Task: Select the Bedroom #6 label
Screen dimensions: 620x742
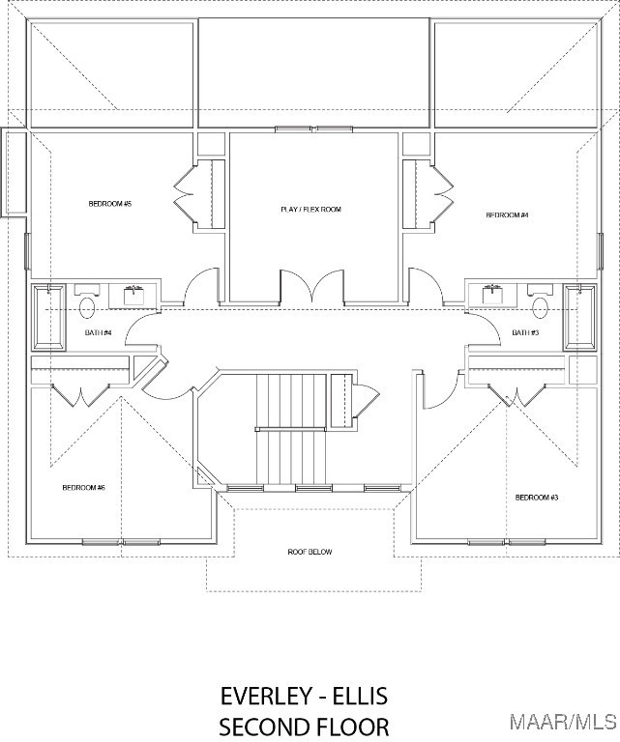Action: tap(83, 487)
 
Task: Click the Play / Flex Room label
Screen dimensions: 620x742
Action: tap(310, 209)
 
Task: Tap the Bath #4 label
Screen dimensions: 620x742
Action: tap(98, 332)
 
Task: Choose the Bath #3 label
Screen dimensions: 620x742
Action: tap(525, 332)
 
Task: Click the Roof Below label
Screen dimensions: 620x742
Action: tap(310, 552)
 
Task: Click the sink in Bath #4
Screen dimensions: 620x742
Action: tap(133, 296)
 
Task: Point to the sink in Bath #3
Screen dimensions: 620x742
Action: tap(492, 296)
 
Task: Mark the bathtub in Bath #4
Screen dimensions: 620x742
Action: tap(48, 317)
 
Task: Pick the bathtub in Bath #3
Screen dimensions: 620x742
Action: tap(579, 317)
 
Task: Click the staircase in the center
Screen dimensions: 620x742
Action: tap(291, 429)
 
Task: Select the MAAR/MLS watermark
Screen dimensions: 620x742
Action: tap(563, 723)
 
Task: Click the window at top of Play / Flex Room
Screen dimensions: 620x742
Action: tap(314, 129)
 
